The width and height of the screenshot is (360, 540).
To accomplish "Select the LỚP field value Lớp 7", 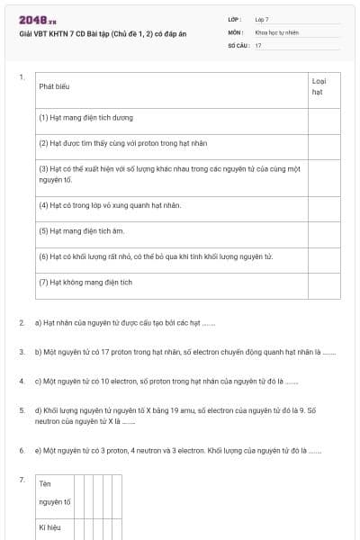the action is [262, 19].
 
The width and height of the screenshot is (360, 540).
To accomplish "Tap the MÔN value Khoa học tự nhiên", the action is [276, 31].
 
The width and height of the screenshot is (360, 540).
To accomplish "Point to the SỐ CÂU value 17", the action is [258, 44].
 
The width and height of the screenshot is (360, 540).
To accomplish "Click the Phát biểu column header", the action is [55, 86].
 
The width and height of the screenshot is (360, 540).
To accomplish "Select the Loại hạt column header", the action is [318, 86].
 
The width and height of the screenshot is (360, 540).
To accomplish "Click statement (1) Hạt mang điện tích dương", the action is [86, 117].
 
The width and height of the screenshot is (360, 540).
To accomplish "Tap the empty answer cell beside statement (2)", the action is [324, 142].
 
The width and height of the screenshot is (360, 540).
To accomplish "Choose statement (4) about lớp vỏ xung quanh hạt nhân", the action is [110, 205].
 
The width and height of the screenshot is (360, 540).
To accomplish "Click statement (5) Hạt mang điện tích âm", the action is [81, 230].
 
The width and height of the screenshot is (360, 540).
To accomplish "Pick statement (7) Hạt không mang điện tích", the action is [85, 282].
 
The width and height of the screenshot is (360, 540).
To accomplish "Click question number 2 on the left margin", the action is [22, 321].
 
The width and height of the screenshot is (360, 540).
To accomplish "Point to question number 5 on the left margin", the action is [22, 410].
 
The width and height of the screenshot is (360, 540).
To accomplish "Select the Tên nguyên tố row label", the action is [55, 492].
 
